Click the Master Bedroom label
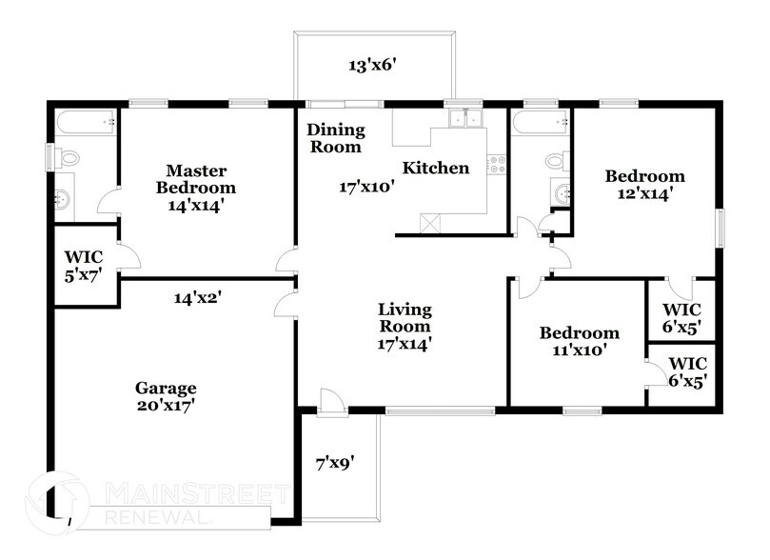point(196,187)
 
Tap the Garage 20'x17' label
point(166,396)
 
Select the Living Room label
point(405,327)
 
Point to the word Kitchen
point(436,169)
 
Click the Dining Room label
point(334,139)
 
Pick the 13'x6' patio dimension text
point(371,67)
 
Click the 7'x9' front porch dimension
point(335,464)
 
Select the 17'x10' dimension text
point(366,188)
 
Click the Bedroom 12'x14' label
point(645,185)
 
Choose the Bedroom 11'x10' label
point(579,341)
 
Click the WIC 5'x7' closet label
point(84,266)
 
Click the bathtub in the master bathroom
point(86,122)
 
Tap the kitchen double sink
point(464,119)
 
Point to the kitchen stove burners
point(495,164)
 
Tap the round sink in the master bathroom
point(63,200)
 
